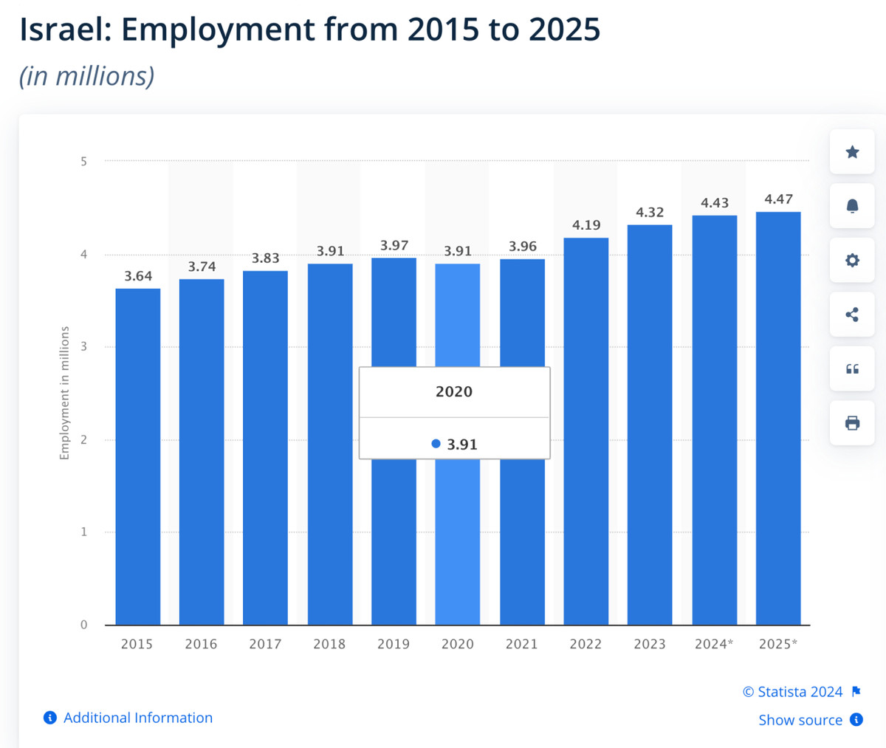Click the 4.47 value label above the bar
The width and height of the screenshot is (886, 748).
[778, 199]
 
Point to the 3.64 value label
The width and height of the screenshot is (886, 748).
[138, 276]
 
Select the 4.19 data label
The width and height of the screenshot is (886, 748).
[586, 225]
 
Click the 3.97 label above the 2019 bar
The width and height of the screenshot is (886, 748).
[394, 245]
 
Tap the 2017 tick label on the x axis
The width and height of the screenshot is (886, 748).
[265, 644]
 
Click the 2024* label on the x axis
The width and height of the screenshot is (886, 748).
[714, 644]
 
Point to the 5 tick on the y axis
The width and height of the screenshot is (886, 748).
[84, 161]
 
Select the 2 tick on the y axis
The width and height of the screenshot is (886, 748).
[84, 439]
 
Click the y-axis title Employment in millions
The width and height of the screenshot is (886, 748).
[64, 393]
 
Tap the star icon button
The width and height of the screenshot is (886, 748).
[852, 152]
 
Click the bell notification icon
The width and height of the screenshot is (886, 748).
[852, 206]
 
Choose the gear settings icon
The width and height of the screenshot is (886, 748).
[852, 260]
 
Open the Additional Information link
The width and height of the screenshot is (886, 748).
[137, 718]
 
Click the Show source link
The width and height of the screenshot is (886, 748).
[800, 720]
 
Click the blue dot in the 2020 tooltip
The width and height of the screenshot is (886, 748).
[436, 444]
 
